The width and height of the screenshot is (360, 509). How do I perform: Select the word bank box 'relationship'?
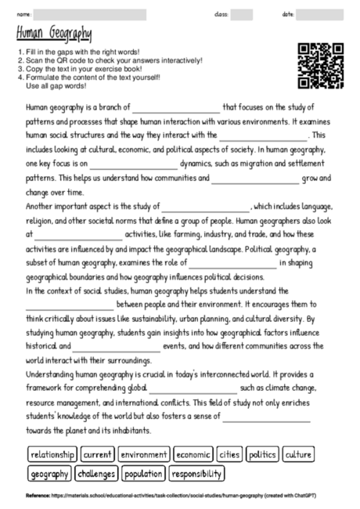tap(52, 454)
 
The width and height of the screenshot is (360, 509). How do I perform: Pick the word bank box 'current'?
tap(98, 454)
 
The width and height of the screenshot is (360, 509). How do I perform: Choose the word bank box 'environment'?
tap(145, 454)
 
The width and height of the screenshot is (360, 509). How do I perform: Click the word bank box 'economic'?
tap(193, 454)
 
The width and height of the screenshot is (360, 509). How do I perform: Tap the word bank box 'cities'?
tap(230, 454)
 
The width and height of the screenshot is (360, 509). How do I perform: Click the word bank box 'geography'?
tap(49, 474)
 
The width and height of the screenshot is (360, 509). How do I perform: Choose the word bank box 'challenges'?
tap(97, 474)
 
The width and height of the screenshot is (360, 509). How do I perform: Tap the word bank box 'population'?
tap(143, 474)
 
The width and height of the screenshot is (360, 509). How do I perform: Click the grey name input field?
tap(89, 14)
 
